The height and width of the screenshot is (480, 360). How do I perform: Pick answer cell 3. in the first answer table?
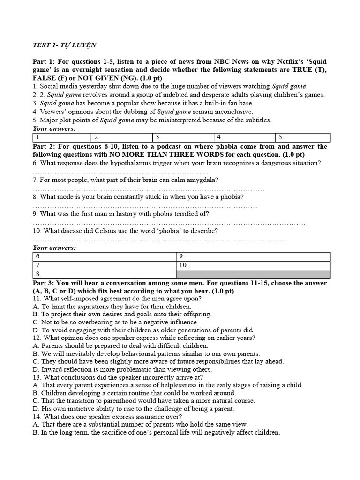click(183, 137)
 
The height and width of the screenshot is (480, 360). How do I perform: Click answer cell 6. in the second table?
click(104, 256)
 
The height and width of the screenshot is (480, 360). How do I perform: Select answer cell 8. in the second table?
click(104, 274)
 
